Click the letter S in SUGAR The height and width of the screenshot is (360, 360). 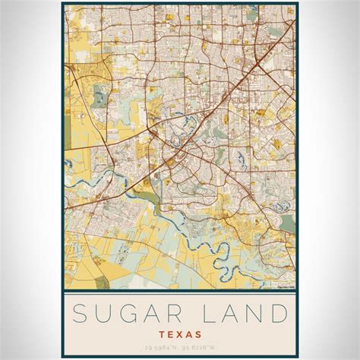(x=81, y=312)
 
